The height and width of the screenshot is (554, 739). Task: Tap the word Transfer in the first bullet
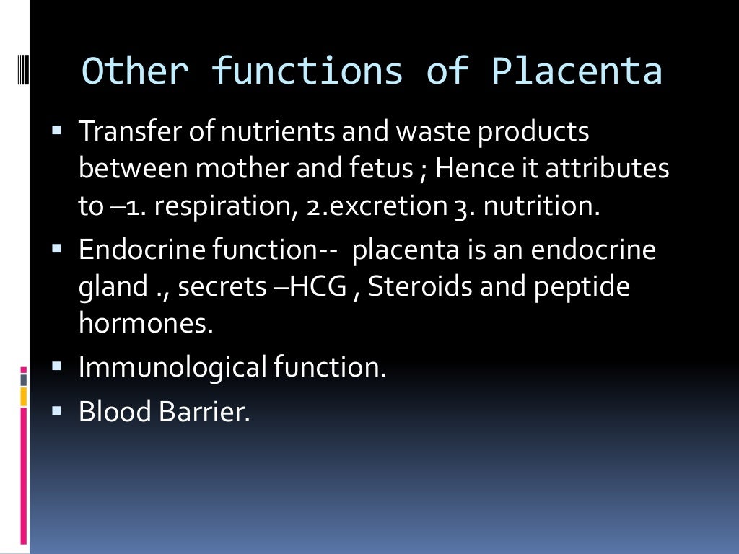click(x=122, y=132)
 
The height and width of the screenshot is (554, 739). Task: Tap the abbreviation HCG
click(x=329, y=287)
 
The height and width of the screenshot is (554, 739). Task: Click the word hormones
click(x=146, y=324)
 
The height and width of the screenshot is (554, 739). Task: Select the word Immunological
click(x=173, y=368)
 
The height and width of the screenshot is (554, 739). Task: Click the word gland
click(x=113, y=288)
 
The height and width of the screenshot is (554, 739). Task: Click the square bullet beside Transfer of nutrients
click(x=58, y=131)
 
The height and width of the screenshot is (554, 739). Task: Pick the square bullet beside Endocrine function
click(x=58, y=249)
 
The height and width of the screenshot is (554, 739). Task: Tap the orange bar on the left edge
click(x=24, y=396)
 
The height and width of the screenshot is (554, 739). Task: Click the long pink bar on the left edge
click(x=24, y=476)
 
